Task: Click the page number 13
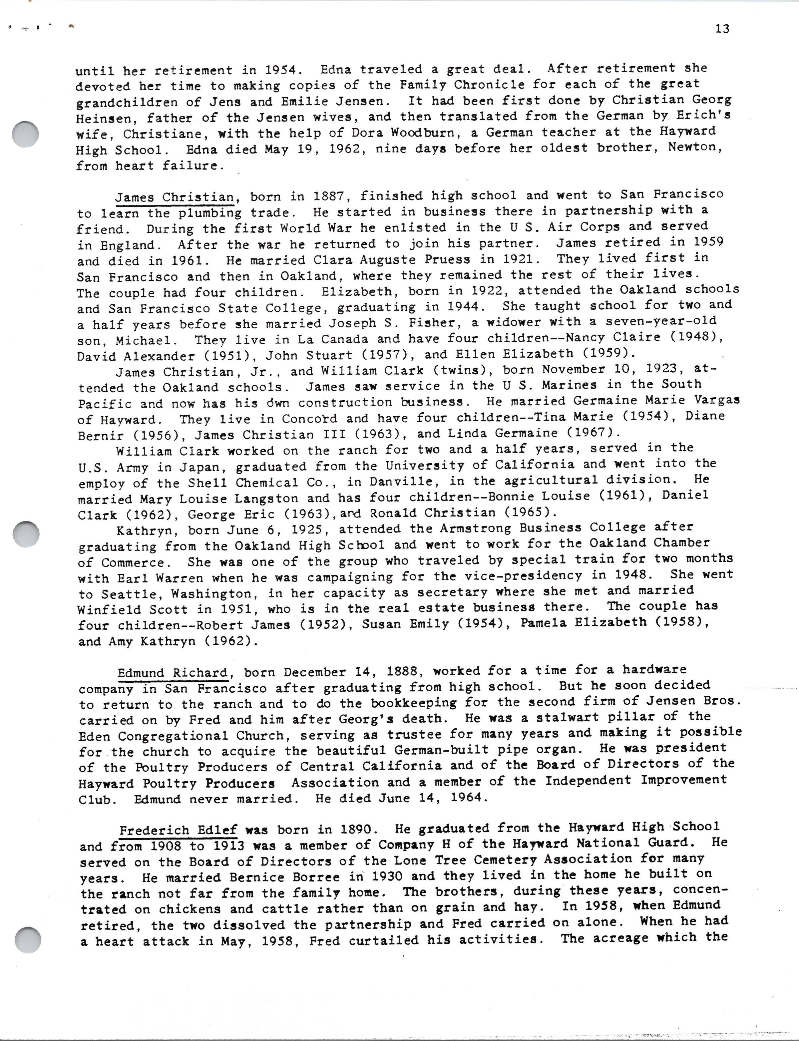pos(721,29)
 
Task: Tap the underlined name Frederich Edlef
pos(178,830)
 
